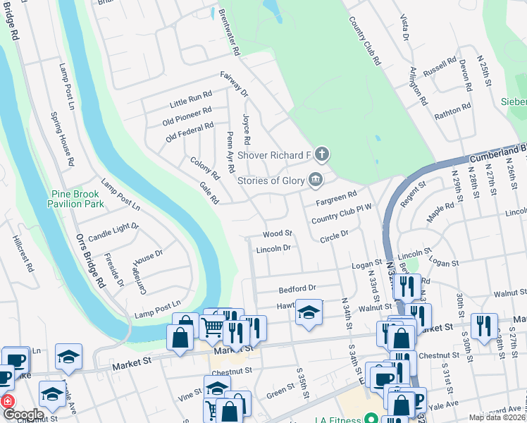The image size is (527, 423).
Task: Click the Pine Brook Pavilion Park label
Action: click(77, 199)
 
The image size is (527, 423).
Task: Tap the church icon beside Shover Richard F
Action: click(322, 154)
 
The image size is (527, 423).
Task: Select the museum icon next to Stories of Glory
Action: click(316, 179)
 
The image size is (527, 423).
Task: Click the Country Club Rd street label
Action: click(365, 39)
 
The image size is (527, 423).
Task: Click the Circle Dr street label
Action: click(334, 235)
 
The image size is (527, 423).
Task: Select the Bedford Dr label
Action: click(298, 288)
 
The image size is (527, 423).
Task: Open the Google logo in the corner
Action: click(23, 415)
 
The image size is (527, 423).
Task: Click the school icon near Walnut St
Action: click(309, 312)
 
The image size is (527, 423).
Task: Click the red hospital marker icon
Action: click(8, 400)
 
